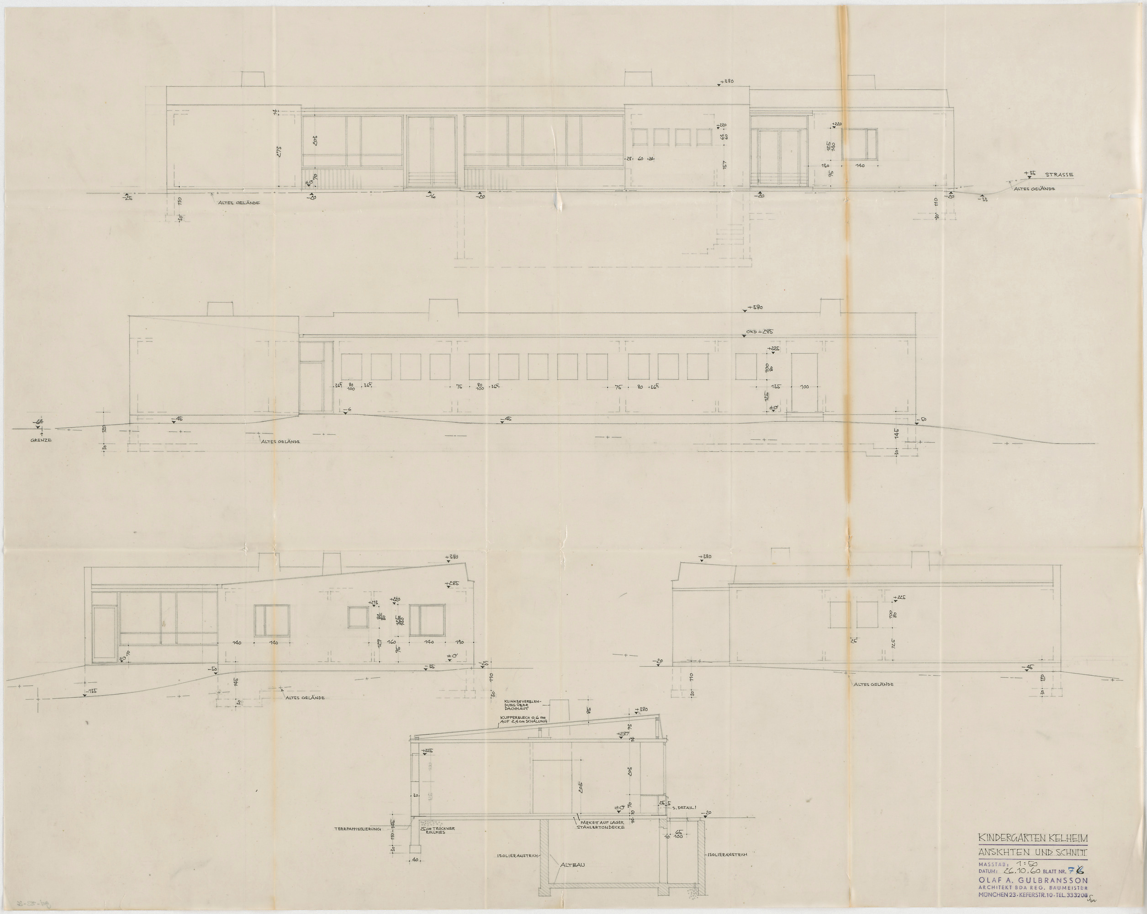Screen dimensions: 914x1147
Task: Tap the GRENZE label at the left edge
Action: (x=41, y=441)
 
